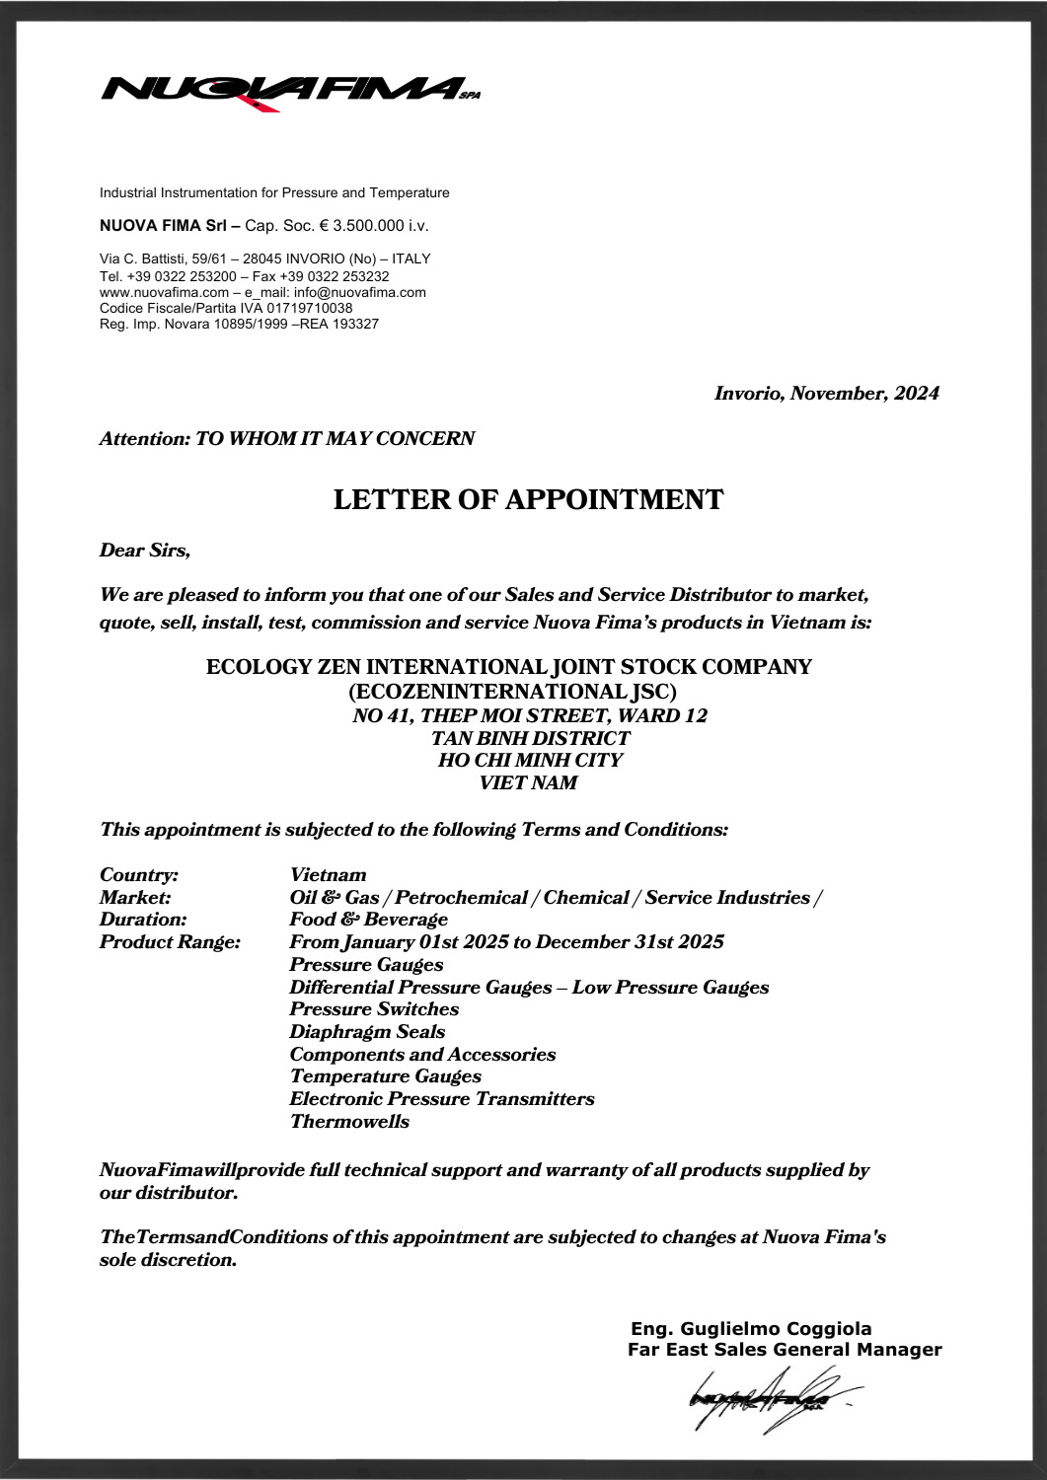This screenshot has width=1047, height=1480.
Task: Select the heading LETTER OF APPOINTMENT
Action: [x=528, y=499]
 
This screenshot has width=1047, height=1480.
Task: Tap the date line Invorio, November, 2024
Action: [x=826, y=394]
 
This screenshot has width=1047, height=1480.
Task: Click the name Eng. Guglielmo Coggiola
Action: [x=751, y=1328]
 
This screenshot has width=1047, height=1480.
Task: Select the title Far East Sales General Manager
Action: [x=785, y=1349]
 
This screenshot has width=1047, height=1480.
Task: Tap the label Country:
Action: [x=139, y=875]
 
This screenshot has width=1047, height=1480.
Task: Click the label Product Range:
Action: [x=170, y=942]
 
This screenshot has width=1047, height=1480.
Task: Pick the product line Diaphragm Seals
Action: [x=367, y=1032]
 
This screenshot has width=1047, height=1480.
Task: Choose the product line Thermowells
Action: [x=349, y=1121]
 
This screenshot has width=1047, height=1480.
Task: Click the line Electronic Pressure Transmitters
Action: [x=441, y=1099]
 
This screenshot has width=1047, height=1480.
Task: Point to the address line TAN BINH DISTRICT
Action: [x=530, y=738]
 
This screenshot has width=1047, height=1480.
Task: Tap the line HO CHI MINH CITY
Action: [x=530, y=761]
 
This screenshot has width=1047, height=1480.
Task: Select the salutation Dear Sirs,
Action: [x=144, y=551]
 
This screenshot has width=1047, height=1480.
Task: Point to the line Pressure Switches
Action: [x=374, y=1009]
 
